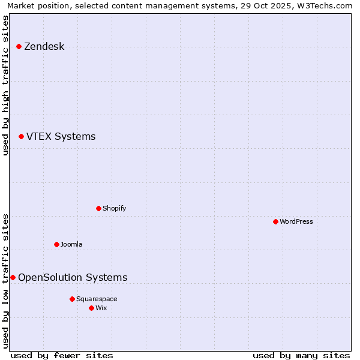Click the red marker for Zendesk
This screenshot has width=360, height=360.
click(19, 46)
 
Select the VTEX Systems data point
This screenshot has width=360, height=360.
click(21, 136)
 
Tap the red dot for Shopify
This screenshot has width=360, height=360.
click(98, 208)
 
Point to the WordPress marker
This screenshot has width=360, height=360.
click(275, 221)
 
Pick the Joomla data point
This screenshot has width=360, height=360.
click(56, 244)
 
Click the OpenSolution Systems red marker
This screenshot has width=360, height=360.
click(13, 277)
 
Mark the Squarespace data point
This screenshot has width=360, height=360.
click(72, 299)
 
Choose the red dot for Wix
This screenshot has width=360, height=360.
click(91, 308)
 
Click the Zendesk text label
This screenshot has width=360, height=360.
click(44, 46)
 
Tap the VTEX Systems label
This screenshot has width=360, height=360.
click(61, 136)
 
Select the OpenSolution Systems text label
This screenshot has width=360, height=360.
click(73, 277)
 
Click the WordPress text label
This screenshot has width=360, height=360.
click(296, 221)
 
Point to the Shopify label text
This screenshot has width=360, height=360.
click(114, 208)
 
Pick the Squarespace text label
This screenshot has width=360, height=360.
click(97, 299)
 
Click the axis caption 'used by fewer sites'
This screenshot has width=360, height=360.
click(62, 355)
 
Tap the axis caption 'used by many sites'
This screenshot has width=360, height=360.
click(301, 355)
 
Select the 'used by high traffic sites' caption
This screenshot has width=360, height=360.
click(5, 85)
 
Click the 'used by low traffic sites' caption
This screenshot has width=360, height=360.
click(5, 281)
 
